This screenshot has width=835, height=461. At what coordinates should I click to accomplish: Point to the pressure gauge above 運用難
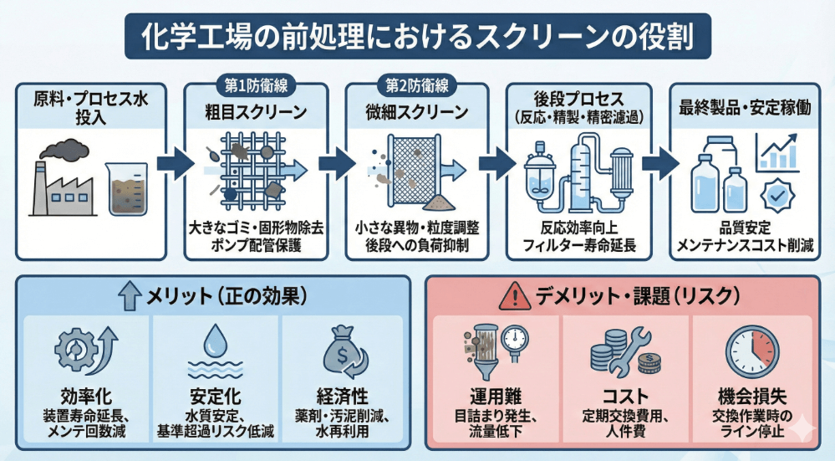point(515,338)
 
